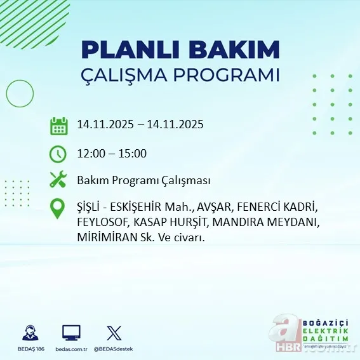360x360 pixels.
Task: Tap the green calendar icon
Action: (x=58, y=125)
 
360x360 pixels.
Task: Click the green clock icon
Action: (x=58, y=153)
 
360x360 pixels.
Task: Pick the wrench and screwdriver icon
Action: (x=58, y=180)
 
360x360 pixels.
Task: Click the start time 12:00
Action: (x=90, y=153)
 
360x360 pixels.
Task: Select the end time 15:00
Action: (x=133, y=153)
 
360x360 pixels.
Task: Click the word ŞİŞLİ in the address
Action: (x=90, y=208)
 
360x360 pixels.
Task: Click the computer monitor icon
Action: (x=71, y=333)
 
